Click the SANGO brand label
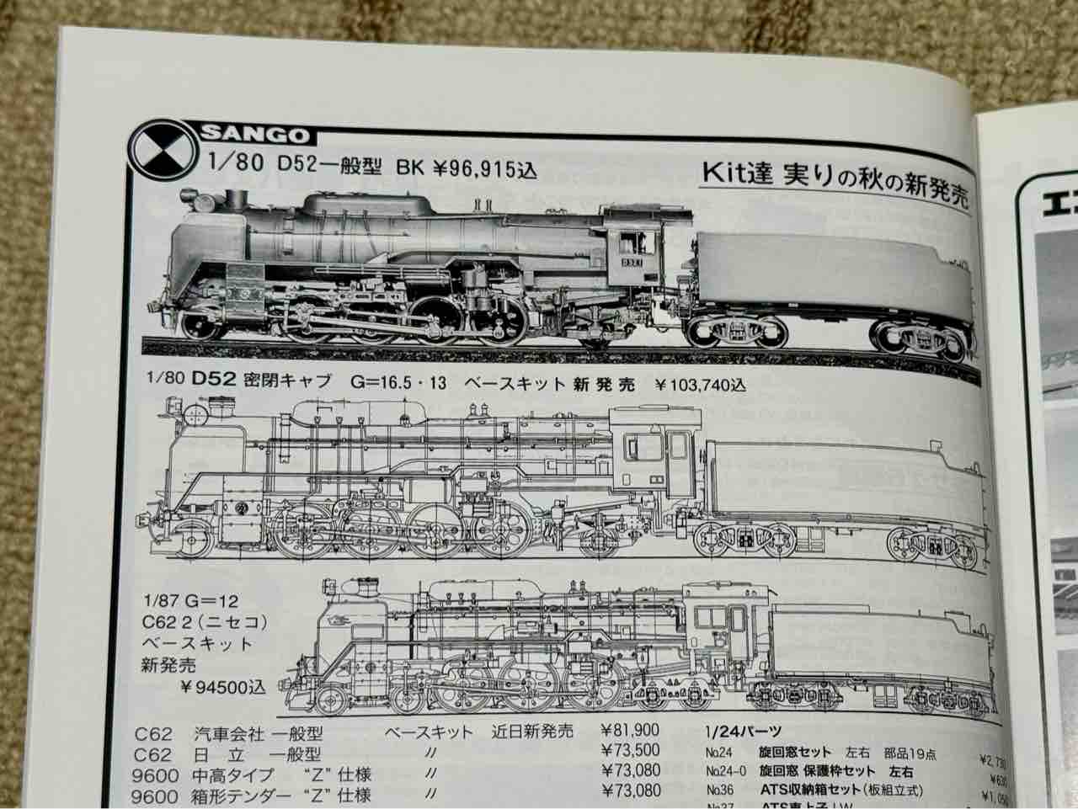[x=255, y=135]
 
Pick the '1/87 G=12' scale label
[x=190, y=601]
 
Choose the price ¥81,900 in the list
[x=630, y=731]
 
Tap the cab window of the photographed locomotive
[x=628, y=243]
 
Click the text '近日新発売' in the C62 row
[x=532, y=731]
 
